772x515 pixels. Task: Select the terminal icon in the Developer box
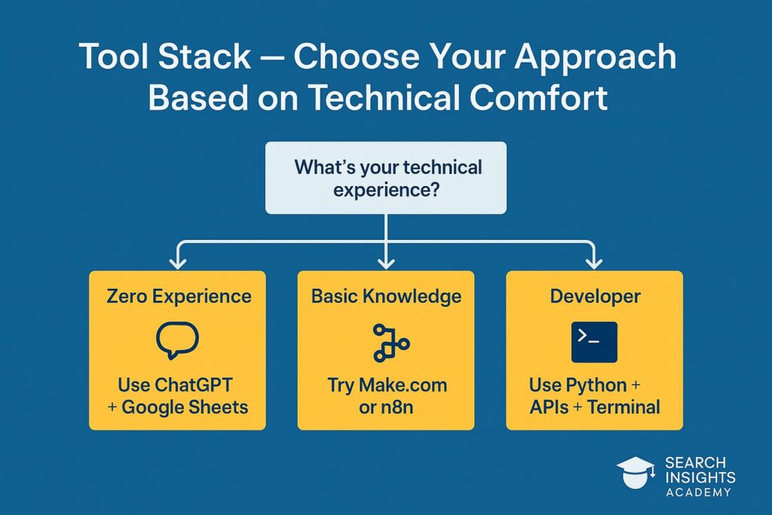[x=594, y=342]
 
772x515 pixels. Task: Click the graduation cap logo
[x=635, y=472]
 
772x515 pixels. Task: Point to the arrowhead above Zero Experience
[x=178, y=262]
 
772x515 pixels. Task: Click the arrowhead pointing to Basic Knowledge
[x=386, y=262]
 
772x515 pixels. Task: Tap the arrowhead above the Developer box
[x=594, y=262]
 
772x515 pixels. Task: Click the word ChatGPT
[x=194, y=385]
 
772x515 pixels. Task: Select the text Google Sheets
[x=185, y=407]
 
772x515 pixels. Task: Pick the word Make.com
[x=403, y=385]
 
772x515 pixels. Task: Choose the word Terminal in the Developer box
[x=623, y=407]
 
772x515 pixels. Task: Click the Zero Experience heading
[x=179, y=296]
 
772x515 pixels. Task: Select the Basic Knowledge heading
[x=387, y=296]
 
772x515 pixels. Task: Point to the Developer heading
[x=595, y=296]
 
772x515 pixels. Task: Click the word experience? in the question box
[x=386, y=189]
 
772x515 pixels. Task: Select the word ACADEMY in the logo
[x=698, y=492]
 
